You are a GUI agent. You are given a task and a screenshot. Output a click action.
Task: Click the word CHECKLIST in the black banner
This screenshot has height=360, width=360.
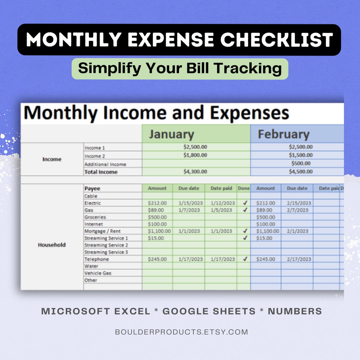tap(277, 40)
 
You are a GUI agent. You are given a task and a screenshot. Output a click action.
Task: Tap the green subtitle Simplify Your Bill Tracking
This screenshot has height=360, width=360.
tap(180, 68)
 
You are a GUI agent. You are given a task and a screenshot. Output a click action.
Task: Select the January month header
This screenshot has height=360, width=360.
tap(171, 134)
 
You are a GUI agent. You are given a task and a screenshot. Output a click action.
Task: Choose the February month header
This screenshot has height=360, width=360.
tap(284, 134)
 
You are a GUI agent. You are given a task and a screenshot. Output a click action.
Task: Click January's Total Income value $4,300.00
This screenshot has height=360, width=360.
tap(195, 172)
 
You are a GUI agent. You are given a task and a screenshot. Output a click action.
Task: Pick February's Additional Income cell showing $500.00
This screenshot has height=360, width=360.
tap(301, 164)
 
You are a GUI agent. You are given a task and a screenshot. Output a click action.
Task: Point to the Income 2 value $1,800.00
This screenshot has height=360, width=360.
tap(195, 155)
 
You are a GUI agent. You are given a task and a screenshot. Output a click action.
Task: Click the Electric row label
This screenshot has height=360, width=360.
tap(93, 203)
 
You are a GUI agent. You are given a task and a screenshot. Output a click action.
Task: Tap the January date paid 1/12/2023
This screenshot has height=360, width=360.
tap(223, 203)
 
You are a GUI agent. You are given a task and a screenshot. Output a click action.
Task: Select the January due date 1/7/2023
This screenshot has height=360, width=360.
tap(189, 210)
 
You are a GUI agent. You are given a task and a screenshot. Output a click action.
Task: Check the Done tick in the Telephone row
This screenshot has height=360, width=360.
tap(245, 259)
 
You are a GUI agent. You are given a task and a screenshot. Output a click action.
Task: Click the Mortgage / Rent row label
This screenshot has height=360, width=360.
tap(102, 231)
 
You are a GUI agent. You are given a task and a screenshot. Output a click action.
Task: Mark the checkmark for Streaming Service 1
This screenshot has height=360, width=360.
tap(245, 238)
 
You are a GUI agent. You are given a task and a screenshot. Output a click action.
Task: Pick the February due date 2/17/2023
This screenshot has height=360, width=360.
tap(297, 259)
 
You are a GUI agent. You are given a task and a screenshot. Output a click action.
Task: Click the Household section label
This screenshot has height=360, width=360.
tap(52, 245)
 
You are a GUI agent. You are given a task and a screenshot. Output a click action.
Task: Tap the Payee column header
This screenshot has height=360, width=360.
tap(92, 188)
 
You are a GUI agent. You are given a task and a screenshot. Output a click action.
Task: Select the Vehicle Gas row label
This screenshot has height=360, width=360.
tap(98, 273)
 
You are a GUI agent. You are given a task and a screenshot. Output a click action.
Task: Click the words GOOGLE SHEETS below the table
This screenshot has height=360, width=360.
tap(209, 311)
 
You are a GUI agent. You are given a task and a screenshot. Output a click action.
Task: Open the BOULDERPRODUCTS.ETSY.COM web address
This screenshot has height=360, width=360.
tap(181, 332)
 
